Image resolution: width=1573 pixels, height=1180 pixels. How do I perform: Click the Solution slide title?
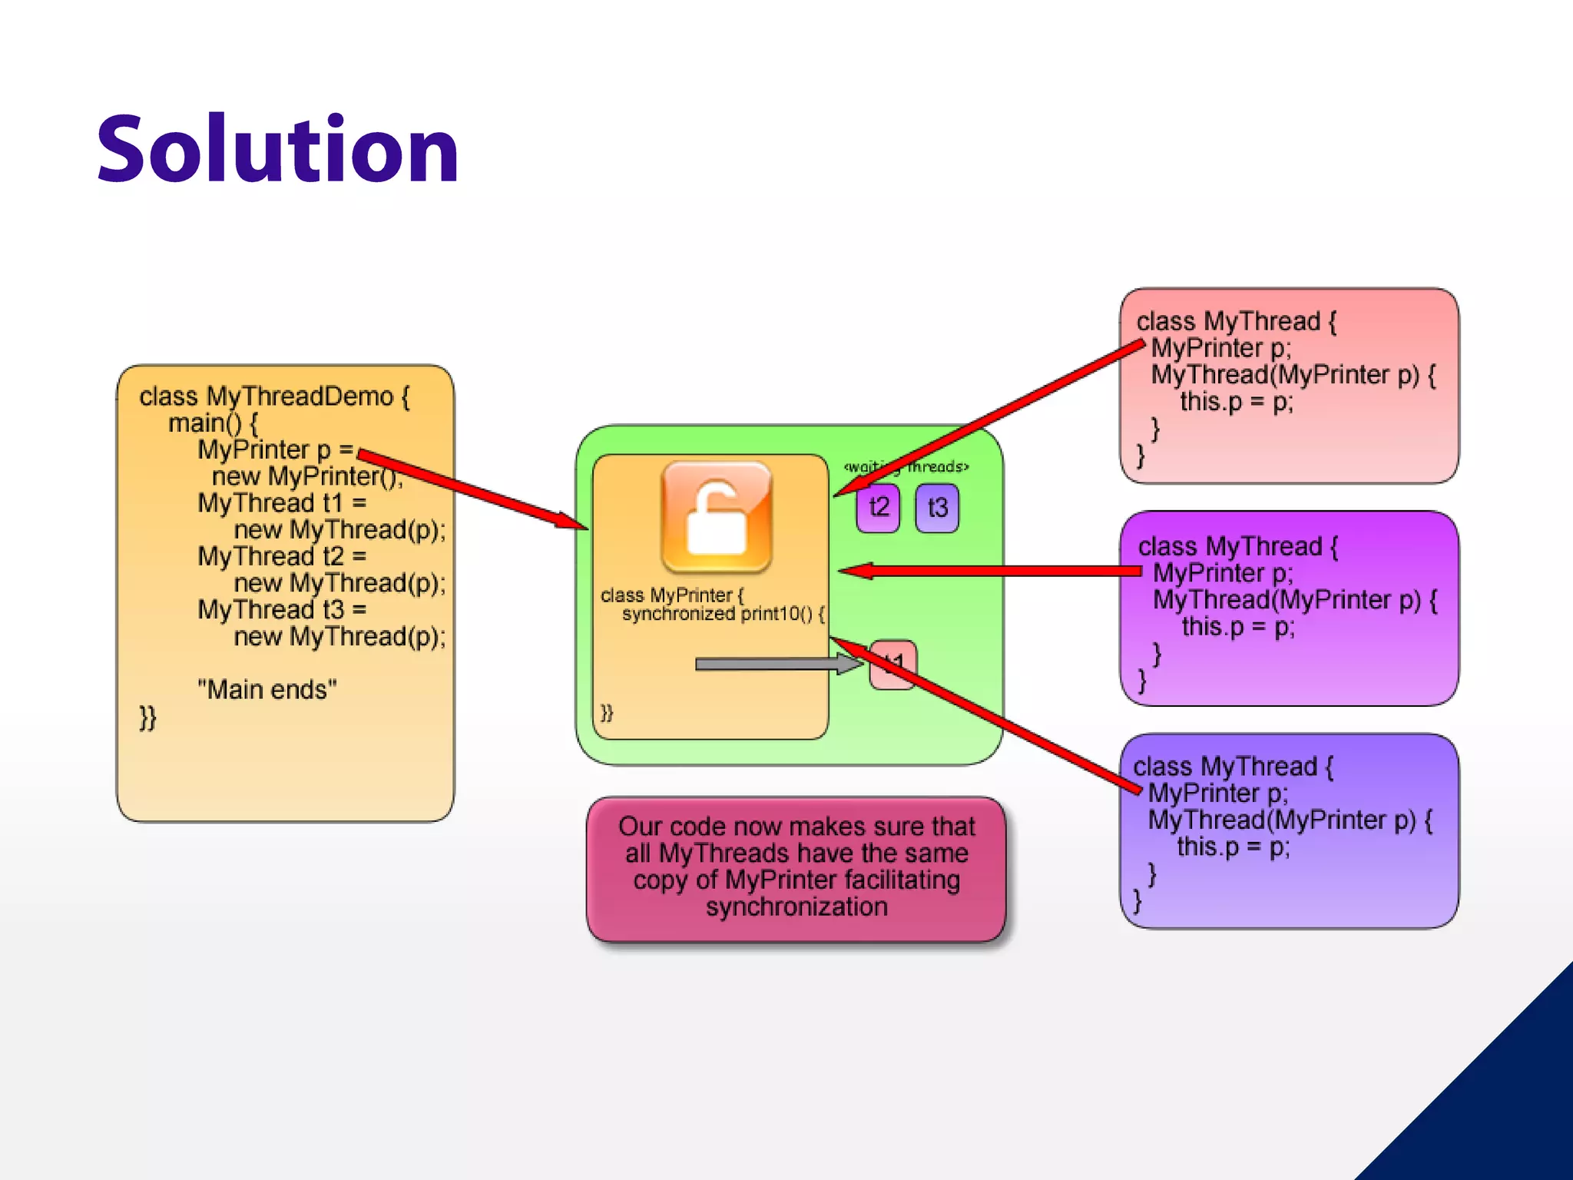[x=277, y=149]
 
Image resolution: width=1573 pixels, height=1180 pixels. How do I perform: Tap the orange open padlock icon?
[x=716, y=516]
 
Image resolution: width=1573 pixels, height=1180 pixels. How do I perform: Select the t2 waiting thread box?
[x=878, y=507]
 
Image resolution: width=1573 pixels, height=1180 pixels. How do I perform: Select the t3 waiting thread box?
[x=937, y=508]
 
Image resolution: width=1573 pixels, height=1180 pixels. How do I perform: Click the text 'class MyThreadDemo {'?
[x=274, y=396]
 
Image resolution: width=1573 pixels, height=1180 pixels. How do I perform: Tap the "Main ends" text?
[x=267, y=690]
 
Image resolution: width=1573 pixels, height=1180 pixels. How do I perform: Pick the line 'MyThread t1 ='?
[x=282, y=503]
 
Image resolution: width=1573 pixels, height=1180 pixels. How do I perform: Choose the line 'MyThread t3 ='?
[x=282, y=610]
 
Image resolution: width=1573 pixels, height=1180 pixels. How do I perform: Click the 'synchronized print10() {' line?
[x=723, y=614]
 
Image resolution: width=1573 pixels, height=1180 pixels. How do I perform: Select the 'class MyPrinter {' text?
[x=672, y=595]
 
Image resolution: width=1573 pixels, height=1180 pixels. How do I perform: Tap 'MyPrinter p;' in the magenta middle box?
[x=1223, y=573]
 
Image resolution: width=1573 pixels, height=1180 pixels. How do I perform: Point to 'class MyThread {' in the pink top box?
[x=1236, y=321]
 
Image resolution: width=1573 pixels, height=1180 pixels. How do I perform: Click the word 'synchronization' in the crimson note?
[x=796, y=907]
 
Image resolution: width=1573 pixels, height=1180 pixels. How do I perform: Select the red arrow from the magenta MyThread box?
[x=991, y=571]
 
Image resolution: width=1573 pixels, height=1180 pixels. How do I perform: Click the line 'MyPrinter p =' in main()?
[x=275, y=449]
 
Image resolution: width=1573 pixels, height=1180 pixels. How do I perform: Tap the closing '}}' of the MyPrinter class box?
[x=607, y=712]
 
